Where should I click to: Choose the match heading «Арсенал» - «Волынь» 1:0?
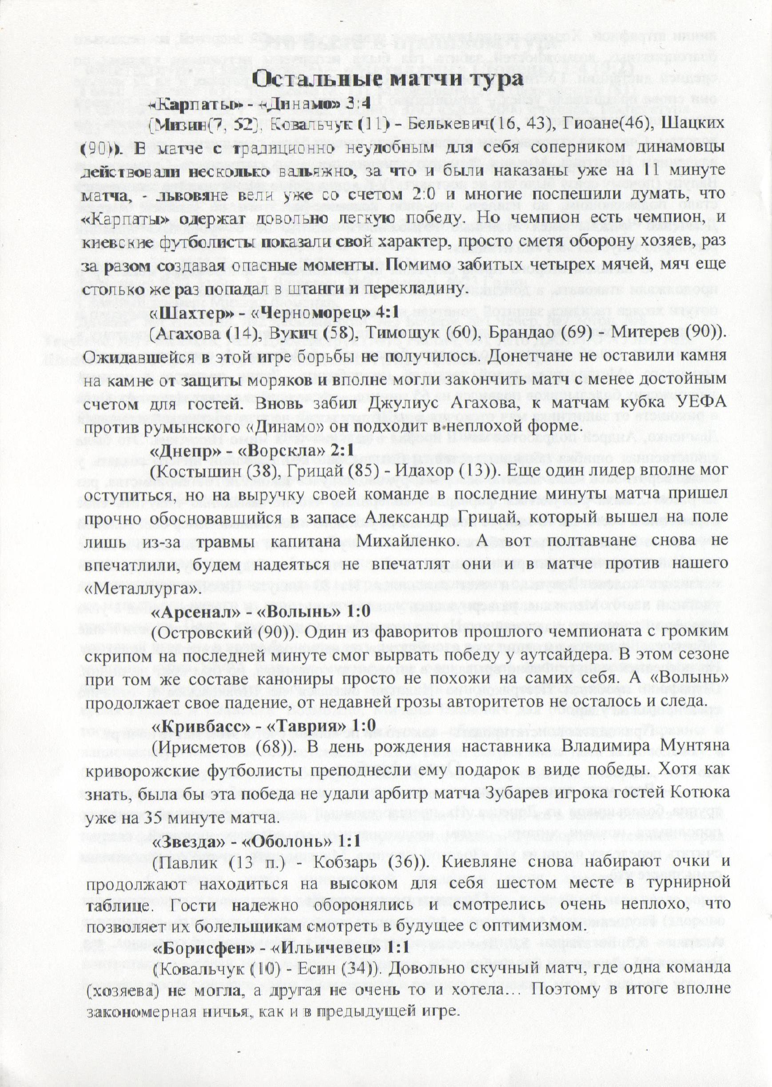(x=260, y=611)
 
